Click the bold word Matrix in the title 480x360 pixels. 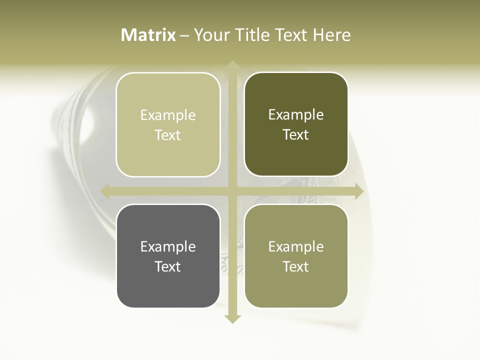[148, 35]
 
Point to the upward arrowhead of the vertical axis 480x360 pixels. [232, 65]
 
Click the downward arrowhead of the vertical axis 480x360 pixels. [232, 318]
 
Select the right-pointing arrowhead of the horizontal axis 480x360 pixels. [358, 191]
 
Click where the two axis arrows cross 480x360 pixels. [232, 191]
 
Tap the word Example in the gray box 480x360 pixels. [168, 246]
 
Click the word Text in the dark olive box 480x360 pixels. [296, 135]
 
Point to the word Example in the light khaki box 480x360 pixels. [168, 115]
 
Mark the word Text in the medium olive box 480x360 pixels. [296, 266]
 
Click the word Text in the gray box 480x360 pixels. [168, 266]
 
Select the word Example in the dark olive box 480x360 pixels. [296, 114]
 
